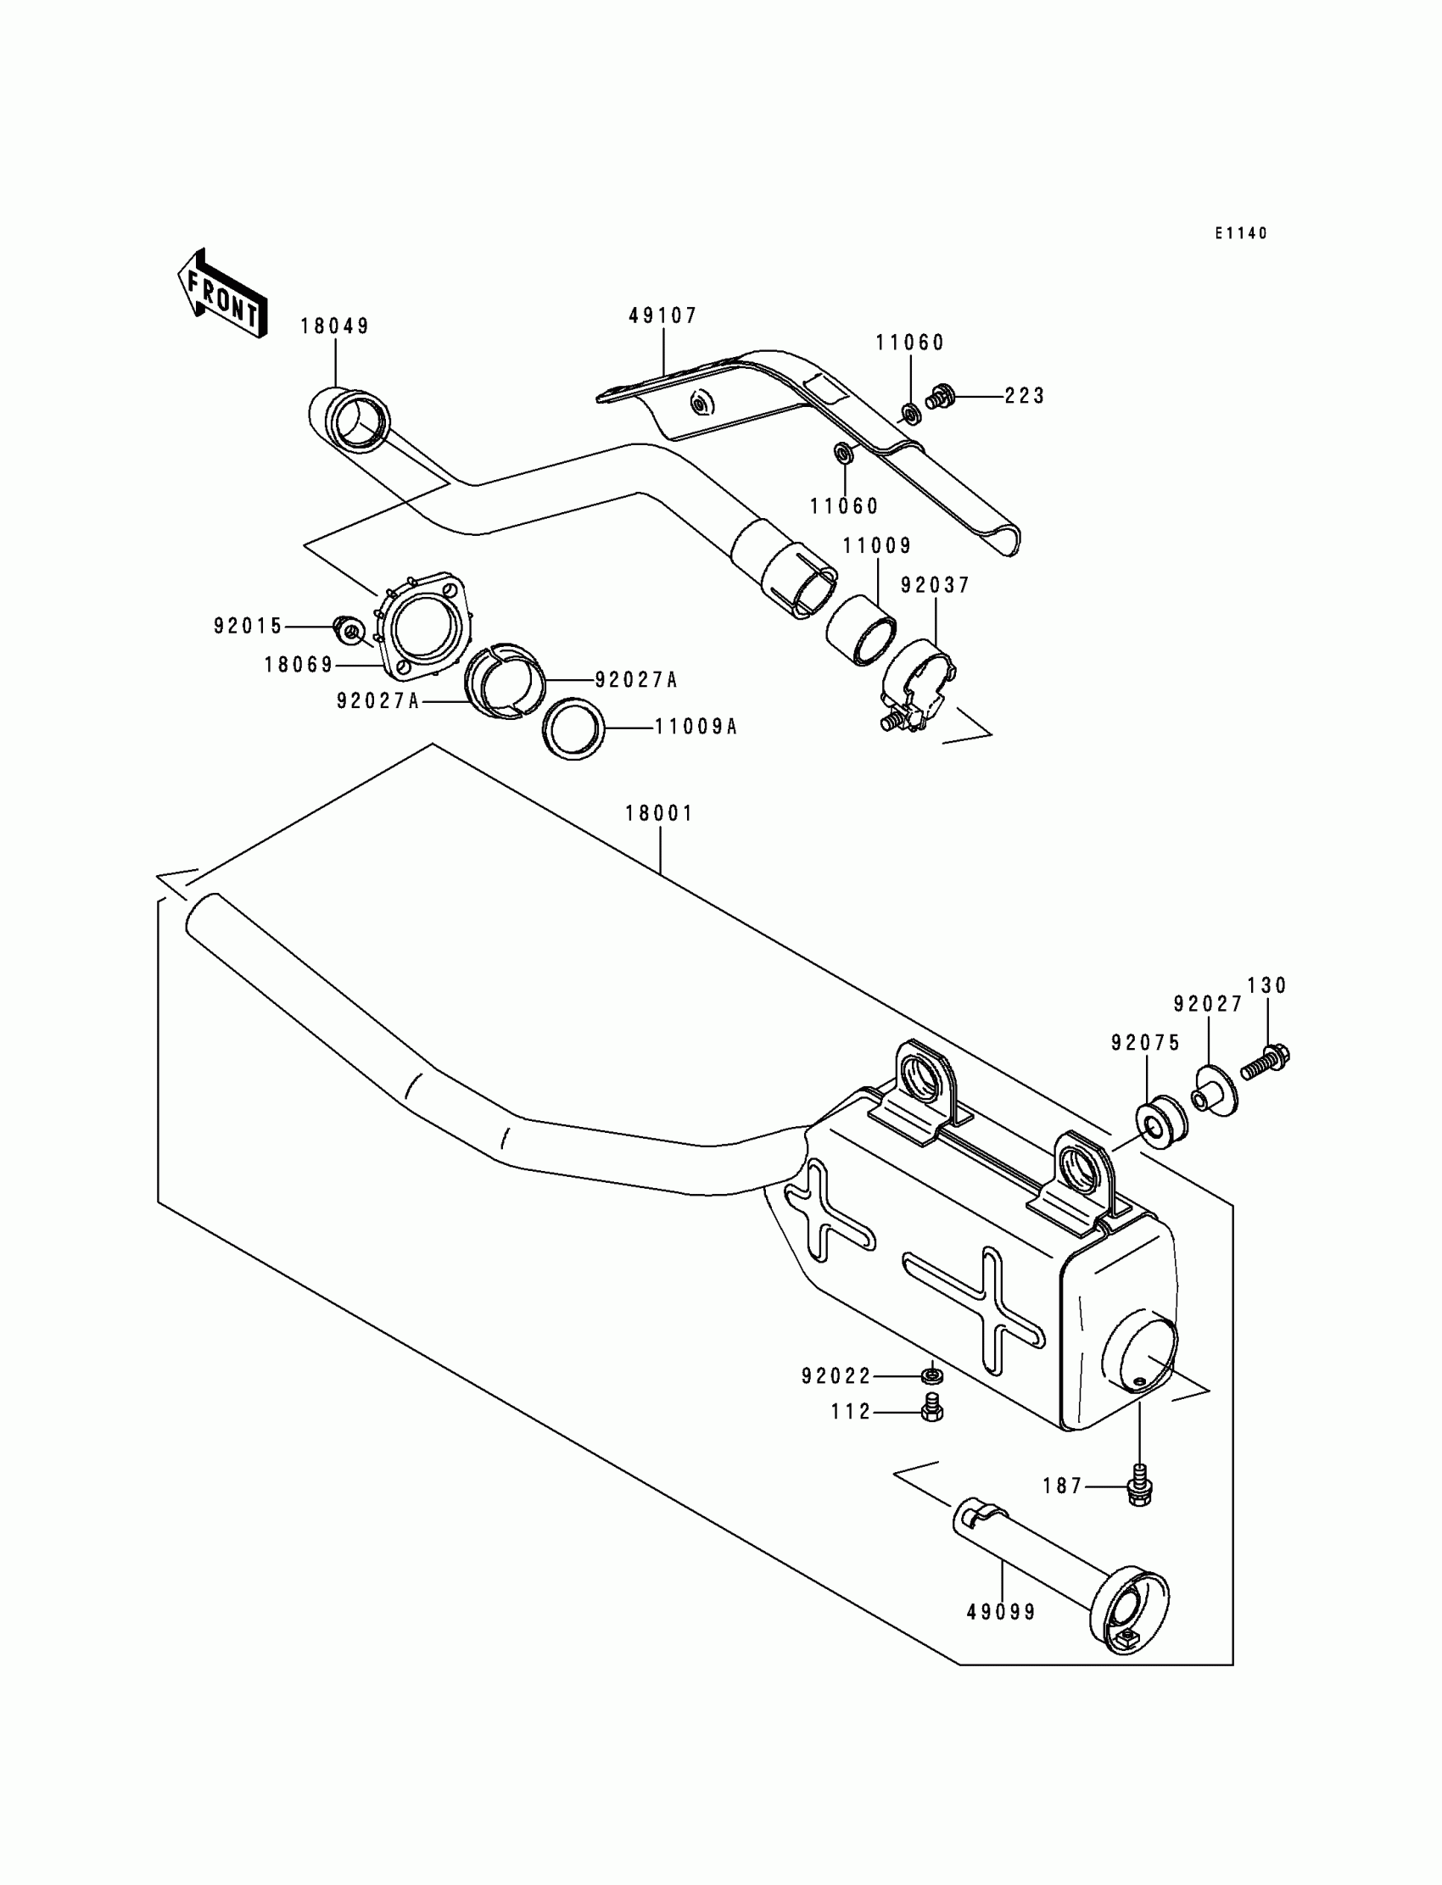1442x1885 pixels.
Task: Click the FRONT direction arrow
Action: click(x=221, y=294)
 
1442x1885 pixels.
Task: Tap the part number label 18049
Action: click(x=335, y=326)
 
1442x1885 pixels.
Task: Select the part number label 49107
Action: click(x=663, y=315)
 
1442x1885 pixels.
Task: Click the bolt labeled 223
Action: click(x=941, y=397)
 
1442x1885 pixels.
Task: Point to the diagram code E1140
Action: click(x=1240, y=233)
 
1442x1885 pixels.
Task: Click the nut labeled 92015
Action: click(x=348, y=631)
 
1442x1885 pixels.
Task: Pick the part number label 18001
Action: click(x=658, y=812)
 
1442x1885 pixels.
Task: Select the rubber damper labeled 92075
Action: click(x=1161, y=1120)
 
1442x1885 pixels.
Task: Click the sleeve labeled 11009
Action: click(x=861, y=638)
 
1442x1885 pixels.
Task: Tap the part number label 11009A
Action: click(x=696, y=728)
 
